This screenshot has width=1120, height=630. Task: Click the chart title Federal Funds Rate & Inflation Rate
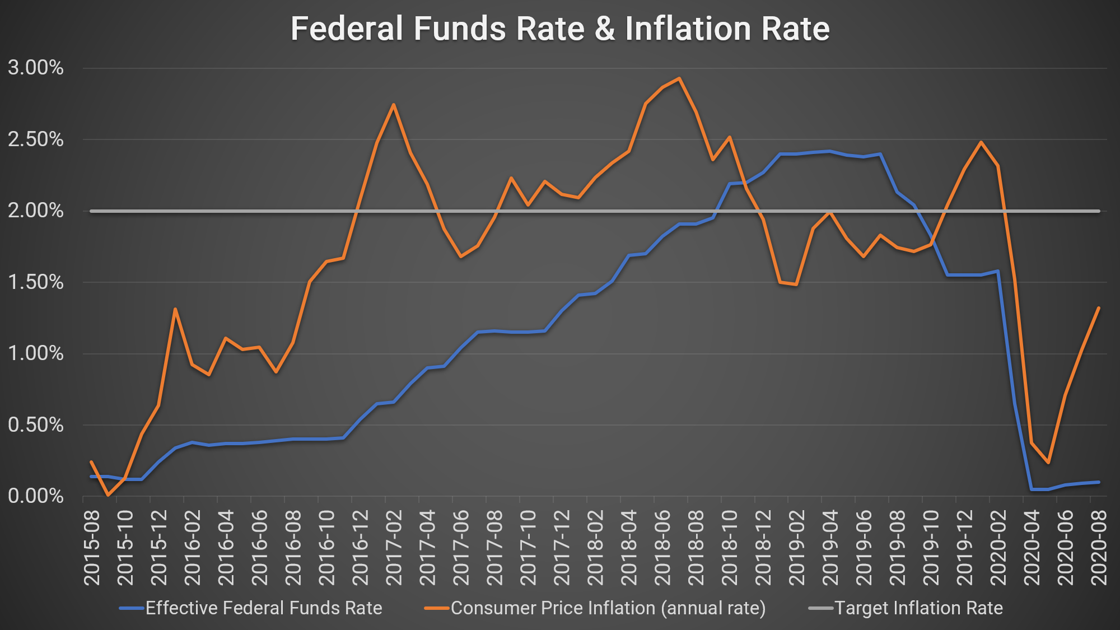(x=560, y=29)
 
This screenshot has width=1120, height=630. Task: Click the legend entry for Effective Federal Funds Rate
(x=263, y=608)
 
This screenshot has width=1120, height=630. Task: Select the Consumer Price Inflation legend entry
(x=608, y=608)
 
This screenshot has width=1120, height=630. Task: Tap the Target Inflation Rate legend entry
(x=918, y=608)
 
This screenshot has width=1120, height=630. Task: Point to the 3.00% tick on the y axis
(x=36, y=68)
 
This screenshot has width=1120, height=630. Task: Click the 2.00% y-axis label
(x=36, y=211)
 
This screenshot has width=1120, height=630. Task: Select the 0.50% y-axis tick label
(x=36, y=424)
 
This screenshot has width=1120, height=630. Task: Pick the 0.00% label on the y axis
(x=36, y=496)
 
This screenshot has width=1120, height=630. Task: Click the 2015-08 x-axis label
(x=92, y=547)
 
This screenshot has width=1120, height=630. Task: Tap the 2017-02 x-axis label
(x=394, y=547)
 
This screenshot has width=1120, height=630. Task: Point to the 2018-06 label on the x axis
(x=662, y=547)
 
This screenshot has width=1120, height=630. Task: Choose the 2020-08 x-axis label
(x=1099, y=547)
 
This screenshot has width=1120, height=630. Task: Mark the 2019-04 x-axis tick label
(x=830, y=547)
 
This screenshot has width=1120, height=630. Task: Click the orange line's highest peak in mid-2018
(x=679, y=78)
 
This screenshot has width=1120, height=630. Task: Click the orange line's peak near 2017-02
(x=394, y=105)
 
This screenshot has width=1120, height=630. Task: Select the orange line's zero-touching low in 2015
(x=108, y=495)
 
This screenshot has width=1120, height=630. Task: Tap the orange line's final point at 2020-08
(x=1099, y=308)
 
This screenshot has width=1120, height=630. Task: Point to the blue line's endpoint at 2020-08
(x=1099, y=482)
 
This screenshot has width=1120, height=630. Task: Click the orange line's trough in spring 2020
(x=1048, y=463)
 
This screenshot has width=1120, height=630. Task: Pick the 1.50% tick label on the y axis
(x=36, y=282)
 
